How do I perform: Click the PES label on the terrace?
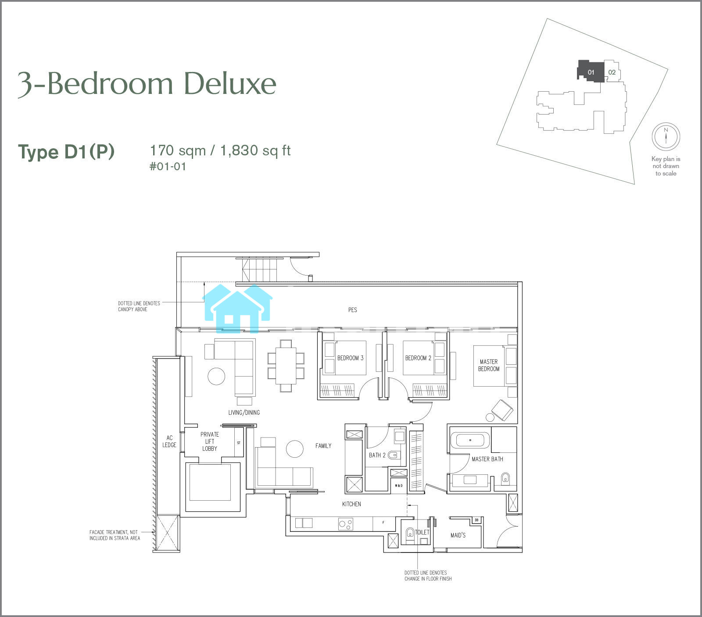[x=353, y=310]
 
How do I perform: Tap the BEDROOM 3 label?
[x=350, y=358]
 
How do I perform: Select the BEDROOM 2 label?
[x=418, y=358]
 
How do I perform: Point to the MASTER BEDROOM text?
[x=489, y=365]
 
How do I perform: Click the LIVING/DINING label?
[x=244, y=413]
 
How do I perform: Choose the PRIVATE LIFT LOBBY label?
[x=210, y=441]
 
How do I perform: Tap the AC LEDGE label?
[x=169, y=441]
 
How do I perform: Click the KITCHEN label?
[x=351, y=504]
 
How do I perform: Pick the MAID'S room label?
[x=458, y=535]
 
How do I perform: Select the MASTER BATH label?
[x=487, y=459]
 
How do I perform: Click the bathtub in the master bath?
[x=470, y=440]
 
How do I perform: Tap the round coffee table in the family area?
[x=295, y=448]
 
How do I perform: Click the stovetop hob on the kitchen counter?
[x=346, y=524]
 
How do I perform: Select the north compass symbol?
[x=666, y=137]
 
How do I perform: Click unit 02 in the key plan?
[x=612, y=72]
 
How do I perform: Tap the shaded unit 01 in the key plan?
[x=591, y=71]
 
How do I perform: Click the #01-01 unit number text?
[x=168, y=167]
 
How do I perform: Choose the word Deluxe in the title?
[x=230, y=83]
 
